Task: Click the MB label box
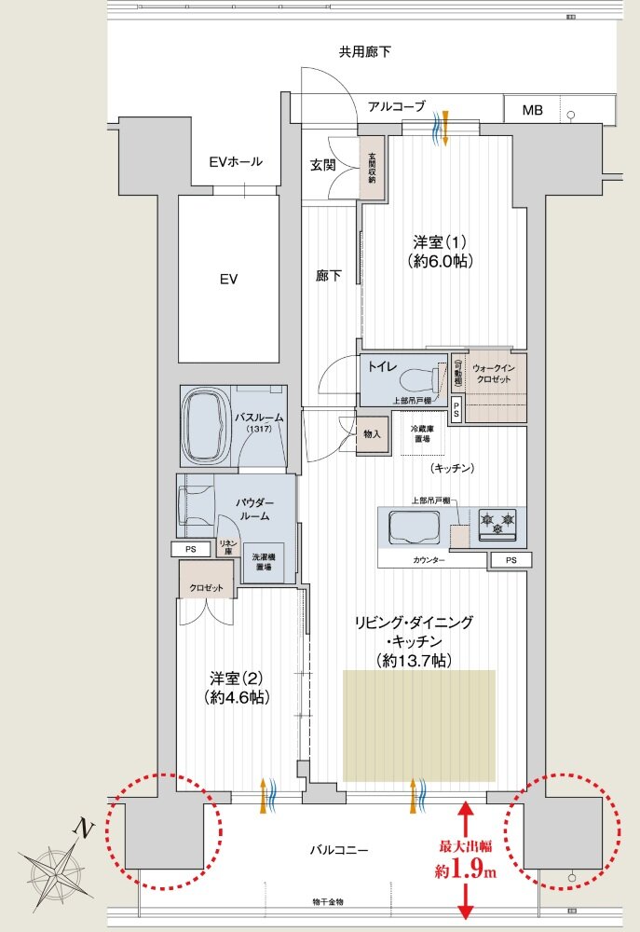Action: coord(532,110)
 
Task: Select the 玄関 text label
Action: coord(322,165)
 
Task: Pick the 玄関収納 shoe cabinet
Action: coord(372,167)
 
